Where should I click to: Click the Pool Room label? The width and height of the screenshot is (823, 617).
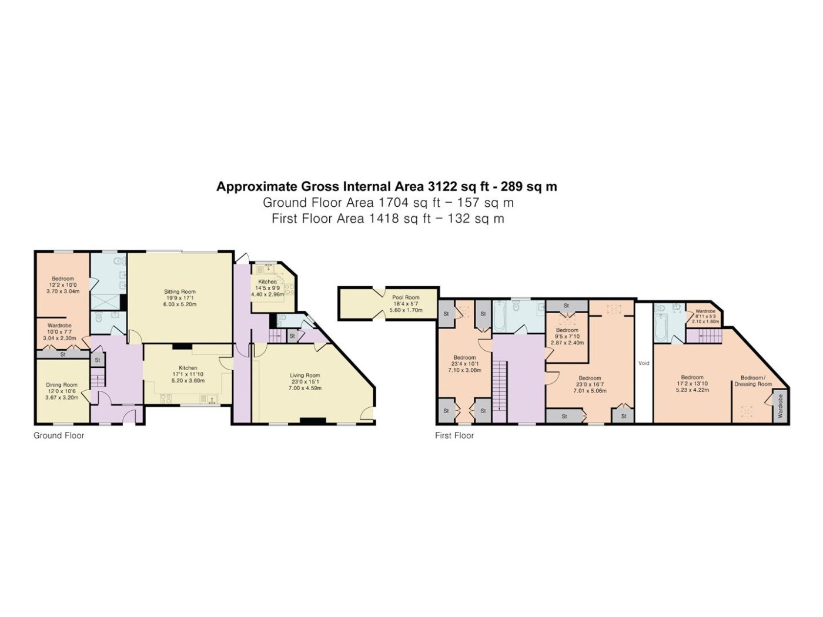pyautogui.click(x=406, y=297)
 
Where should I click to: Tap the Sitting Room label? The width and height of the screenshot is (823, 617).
pyautogui.click(x=180, y=291)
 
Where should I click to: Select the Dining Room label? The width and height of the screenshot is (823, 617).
pyautogui.click(x=62, y=385)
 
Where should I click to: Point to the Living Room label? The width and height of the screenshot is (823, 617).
pyautogui.click(x=305, y=375)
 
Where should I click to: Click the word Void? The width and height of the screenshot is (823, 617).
pyautogui.click(x=643, y=363)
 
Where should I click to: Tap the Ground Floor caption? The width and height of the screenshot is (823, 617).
pyautogui.click(x=59, y=435)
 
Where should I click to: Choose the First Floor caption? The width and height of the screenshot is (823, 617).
pyautogui.click(x=454, y=435)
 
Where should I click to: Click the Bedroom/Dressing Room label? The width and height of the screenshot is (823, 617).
pyautogui.click(x=753, y=381)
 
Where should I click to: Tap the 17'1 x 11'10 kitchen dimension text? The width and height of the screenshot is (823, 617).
pyautogui.click(x=188, y=374)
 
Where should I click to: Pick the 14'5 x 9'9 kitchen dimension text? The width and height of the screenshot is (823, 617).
pyautogui.click(x=267, y=288)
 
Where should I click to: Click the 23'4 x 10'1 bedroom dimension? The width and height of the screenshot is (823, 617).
pyautogui.click(x=464, y=364)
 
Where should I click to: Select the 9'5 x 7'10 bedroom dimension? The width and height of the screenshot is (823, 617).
pyautogui.click(x=567, y=336)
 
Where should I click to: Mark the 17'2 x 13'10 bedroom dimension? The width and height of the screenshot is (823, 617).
pyautogui.click(x=692, y=384)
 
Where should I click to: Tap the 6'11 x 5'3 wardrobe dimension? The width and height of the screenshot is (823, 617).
pyautogui.click(x=705, y=316)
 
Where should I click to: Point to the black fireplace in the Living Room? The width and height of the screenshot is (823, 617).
pyautogui.click(x=313, y=421)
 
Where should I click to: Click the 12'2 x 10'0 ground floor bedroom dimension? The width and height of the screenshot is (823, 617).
pyautogui.click(x=63, y=285)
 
